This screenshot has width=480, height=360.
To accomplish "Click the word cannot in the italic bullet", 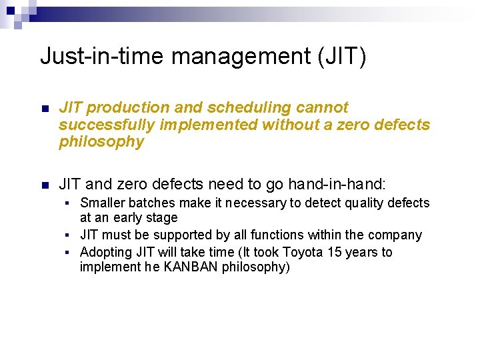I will pyautogui.click(x=323, y=107).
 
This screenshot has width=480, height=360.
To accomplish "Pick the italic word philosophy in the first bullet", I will pyautogui.click(x=101, y=142).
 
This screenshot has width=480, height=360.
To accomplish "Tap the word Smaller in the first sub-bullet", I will pyautogui.click(x=101, y=203).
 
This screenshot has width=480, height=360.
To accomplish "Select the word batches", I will pyautogui.click(x=151, y=203).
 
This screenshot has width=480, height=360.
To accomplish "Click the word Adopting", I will pyautogui.click(x=105, y=252).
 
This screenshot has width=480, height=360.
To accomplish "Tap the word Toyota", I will pyautogui.click(x=304, y=252).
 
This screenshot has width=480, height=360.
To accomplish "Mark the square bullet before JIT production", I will pyautogui.click(x=45, y=109).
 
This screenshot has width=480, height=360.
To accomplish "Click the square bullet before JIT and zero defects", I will pyautogui.click(x=45, y=185).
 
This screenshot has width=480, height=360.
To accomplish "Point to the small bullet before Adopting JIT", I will pyautogui.click(x=69, y=253).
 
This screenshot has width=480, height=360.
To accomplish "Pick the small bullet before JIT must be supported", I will pyautogui.click(x=69, y=235).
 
